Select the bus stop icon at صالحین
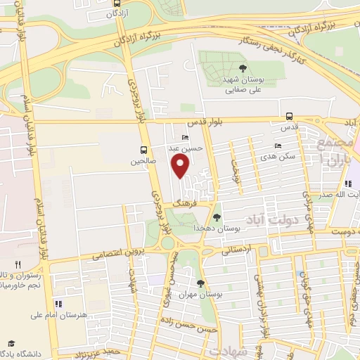click(x=143, y=150)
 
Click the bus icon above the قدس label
click(x=289, y=117)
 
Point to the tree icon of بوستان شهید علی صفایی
click(x=243, y=68)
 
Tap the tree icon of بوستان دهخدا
click(x=217, y=217)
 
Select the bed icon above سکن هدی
click(x=278, y=146)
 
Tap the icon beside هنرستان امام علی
click(x=58, y=304)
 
